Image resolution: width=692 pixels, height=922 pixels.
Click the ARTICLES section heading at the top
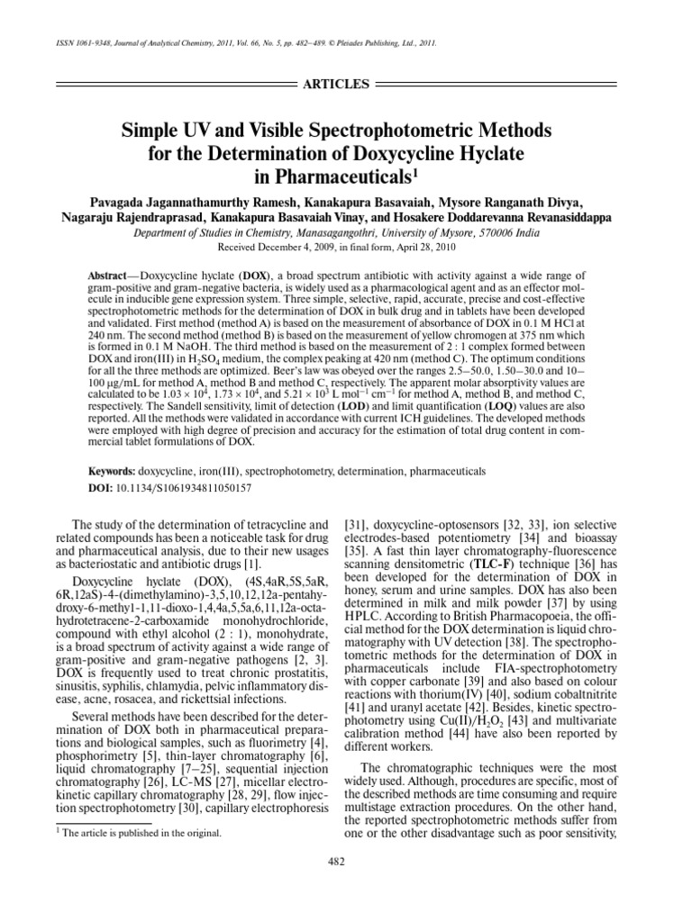point(339,84)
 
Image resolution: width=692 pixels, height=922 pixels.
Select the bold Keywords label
point(114,472)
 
